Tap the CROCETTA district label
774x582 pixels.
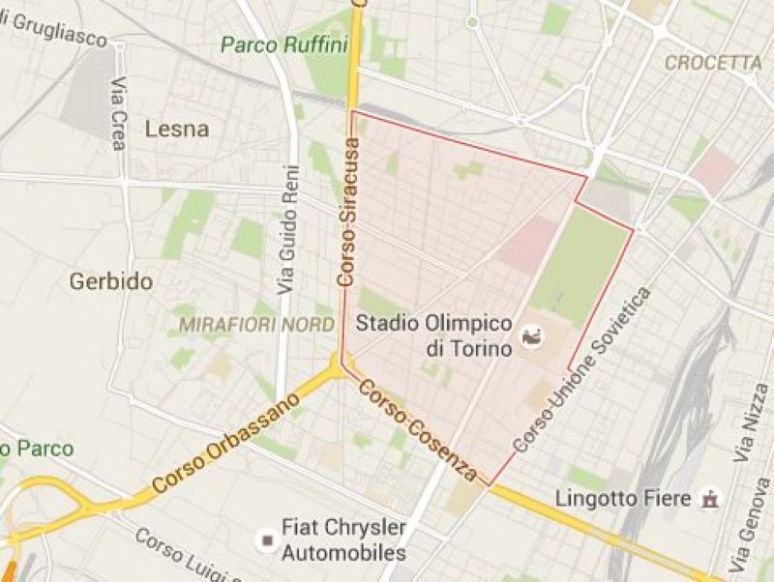tap(713, 63)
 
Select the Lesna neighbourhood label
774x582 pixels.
tap(176, 129)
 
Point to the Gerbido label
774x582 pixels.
tap(111, 281)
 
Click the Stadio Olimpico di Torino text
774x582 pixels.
tap(432, 334)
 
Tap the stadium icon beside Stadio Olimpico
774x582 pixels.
tap(531, 336)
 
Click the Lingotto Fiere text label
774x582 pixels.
tap(624, 499)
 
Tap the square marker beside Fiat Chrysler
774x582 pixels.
tap(263, 538)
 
